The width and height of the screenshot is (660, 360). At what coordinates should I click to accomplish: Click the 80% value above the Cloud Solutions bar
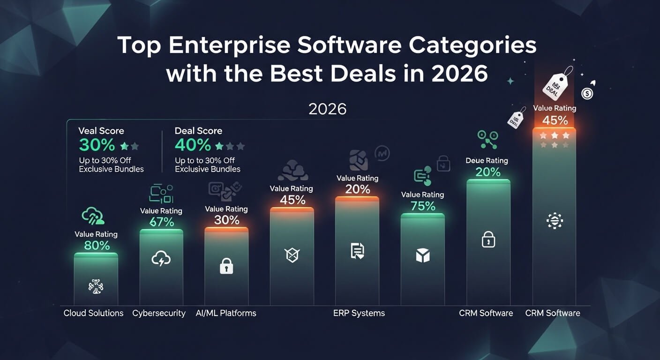pyautogui.click(x=97, y=245)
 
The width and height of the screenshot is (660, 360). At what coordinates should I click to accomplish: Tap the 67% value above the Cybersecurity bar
pyautogui.click(x=161, y=222)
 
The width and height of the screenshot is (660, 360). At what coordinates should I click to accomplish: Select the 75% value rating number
pyautogui.click(x=423, y=206)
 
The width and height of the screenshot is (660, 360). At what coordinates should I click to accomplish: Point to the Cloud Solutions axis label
pyautogui.click(x=94, y=313)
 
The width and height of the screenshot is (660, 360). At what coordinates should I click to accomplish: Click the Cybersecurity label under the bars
pyautogui.click(x=159, y=313)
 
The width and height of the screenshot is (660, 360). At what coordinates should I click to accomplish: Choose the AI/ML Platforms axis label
pyautogui.click(x=226, y=313)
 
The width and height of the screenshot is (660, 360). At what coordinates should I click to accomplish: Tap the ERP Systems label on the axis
pyautogui.click(x=359, y=313)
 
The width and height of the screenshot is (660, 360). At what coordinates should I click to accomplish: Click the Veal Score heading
pyautogui.click(x=101, y=131)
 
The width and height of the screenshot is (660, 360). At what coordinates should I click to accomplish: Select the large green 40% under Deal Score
pyautogui.click(x=193, y=145)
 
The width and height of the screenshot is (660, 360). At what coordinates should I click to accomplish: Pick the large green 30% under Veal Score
pyautogui.click(x=97, y=145)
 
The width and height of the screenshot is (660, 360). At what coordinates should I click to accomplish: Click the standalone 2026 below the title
pyautogui.click(x=328, y=109)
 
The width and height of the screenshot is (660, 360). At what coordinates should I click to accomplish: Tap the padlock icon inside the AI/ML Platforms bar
pyautogui.click(x=226, y=267)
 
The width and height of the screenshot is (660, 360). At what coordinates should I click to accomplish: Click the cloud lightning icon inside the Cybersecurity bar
pyautogui.click(x=161, y=258)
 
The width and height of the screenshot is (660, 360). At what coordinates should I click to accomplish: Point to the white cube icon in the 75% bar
pyautogui.click(x=423, y=255)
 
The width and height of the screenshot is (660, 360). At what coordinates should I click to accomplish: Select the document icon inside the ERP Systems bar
pyautogui.click(x=357, y=252)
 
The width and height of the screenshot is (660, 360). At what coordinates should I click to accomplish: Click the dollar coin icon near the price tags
pyautogui.click(x=587, y=94)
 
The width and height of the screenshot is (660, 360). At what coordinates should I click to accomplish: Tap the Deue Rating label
pyautogui.click(x=487, y=160)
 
